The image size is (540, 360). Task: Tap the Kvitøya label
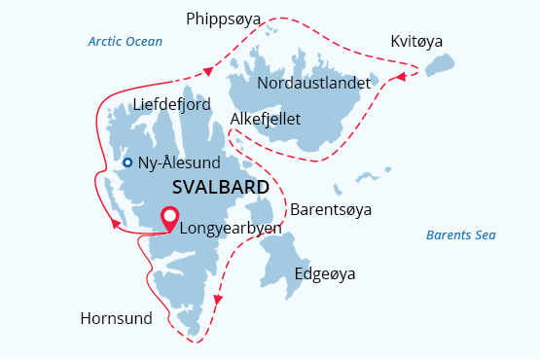pyautogui.click(x=415, y=43)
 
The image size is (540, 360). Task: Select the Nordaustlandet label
pyautogui.click(x=313, y=84)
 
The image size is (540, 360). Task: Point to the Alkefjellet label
pyautogui.click(x=266, y=119)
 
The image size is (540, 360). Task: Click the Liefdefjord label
pyautogui.click(x=171, y=104)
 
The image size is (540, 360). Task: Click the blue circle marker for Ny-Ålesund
pyautogui.click(x=127, y=162)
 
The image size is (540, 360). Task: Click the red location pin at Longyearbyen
pyautogui.click(x=170, y=220)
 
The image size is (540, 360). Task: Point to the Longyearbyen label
pyautogui.click(x=232, y=229)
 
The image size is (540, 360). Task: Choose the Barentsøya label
pyautogui.click(x=332, y=209)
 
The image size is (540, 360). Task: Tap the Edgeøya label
pyautogui.click(x=325, y=273)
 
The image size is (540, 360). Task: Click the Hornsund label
pyautogui.click(x=118, y=318)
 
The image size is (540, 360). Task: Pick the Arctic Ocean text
pyautogui.click(x=125, y=42)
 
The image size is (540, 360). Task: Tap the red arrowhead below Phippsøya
pyautogui.click(x=207, y=71)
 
